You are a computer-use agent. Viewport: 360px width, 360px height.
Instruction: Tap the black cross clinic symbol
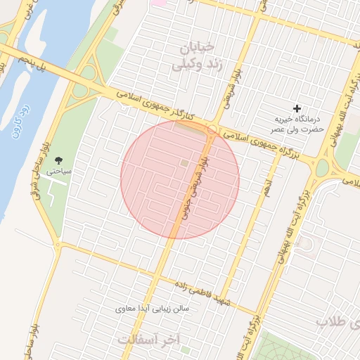tap(297, 108)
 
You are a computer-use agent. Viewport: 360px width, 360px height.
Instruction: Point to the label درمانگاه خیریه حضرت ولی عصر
tap(297, 124)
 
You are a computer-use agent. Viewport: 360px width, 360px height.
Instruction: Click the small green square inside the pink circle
tap(184, 163)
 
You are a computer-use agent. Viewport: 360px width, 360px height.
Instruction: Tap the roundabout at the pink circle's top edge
tap(212, 128)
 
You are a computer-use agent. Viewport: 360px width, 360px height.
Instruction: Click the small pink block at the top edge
tap(160, 3)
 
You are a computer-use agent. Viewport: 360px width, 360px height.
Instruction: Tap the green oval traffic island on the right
tap(323, 168)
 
